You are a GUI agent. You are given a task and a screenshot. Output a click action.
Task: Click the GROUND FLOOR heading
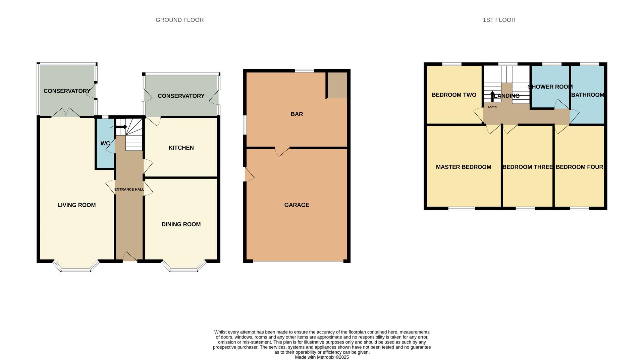tap(179, 20)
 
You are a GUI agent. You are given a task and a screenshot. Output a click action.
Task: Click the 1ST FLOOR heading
tap(499, 20)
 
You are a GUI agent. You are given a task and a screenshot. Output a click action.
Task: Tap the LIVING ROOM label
tap(76, 205)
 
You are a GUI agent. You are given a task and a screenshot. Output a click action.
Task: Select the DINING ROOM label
tap(181, 224)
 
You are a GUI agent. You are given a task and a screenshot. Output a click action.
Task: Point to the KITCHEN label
tap(181, 148)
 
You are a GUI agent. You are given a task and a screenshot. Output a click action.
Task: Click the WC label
tap(105, 143)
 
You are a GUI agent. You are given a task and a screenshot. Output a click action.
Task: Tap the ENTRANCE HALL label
tap(129, 190)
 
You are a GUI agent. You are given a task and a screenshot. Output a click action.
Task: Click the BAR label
tap(297, 114)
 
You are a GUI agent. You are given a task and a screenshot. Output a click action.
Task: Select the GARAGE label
tap(297, 205)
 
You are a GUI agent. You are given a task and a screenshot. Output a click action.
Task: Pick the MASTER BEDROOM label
tap(463, 167)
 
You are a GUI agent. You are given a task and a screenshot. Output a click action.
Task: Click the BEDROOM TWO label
tap(454, 95)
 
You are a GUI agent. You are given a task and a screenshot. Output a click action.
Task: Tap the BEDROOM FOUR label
tap(579, 167)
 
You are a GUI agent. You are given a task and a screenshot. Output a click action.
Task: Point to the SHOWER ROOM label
tap(550, 87)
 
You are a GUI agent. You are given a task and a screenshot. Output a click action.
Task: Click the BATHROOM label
tap(588, 95)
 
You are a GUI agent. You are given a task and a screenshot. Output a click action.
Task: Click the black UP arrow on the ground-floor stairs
tap(121, 127)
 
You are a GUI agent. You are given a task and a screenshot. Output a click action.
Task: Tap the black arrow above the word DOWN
tap(492, 96)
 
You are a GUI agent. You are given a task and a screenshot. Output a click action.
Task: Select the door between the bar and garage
tap(282, 151)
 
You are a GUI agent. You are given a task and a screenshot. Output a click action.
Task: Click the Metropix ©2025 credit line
tap(322, 357)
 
